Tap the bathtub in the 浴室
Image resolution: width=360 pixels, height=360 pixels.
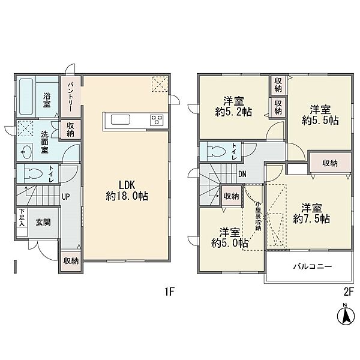tap(26, 97)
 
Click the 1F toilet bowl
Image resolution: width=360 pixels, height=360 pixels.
tap(33, 174)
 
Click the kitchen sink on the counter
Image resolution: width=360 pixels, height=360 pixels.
tap(121, 119)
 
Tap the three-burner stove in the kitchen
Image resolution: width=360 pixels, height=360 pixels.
tap(157, 120)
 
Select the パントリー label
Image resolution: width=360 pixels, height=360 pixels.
tap(70, 97)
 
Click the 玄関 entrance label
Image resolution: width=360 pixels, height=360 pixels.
tap(43, 222)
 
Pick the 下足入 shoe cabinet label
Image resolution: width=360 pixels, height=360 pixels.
tap(22, 217)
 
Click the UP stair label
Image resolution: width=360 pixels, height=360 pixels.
tap(65, 197)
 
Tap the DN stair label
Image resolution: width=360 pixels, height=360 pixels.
tap(242, 174)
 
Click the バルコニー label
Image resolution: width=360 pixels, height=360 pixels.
tap(313, 266)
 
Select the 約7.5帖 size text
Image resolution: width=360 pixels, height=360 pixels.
tap(311, 219)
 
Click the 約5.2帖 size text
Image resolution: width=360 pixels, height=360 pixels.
tap(233, 112)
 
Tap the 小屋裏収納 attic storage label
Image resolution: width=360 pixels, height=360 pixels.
tap(259, 216)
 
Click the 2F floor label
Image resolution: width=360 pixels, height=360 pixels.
tap(348, 292)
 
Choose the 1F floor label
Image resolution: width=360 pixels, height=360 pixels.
tap(170, 292)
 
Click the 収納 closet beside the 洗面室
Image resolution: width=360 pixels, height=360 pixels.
tap(70, 129)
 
